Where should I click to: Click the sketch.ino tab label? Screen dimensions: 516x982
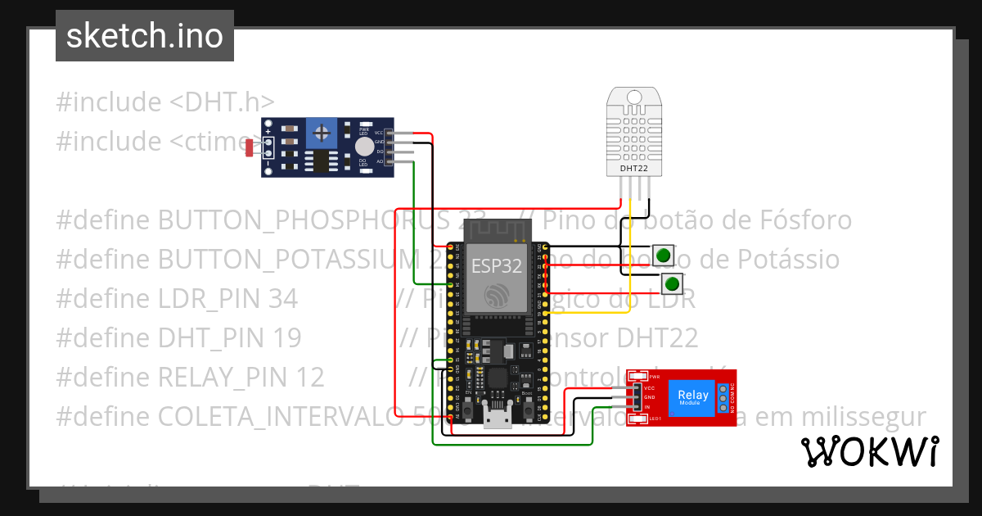coord(144,36)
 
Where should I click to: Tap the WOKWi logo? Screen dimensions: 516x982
coord(869,451)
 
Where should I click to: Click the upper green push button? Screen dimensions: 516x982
coord(663,255)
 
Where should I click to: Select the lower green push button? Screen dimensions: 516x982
coord(672,284)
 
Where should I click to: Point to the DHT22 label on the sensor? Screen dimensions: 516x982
coord(634,169)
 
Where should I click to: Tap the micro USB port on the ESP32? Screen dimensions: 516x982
coord(497,419)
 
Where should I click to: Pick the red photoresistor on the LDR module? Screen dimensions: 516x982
coord(250,147)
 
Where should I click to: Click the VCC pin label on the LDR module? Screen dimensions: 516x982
coord(378,133)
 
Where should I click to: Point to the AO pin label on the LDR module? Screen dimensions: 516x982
coord(379,162)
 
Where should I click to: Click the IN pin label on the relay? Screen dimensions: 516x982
coord(647,407)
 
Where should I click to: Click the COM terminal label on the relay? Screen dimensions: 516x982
coord(732,397)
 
